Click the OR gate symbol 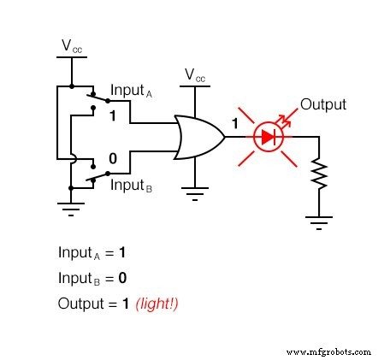198,137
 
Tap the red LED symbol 268,137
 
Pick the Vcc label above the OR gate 195,76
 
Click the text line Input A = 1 92,253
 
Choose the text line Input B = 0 92,279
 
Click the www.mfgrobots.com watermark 328,351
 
